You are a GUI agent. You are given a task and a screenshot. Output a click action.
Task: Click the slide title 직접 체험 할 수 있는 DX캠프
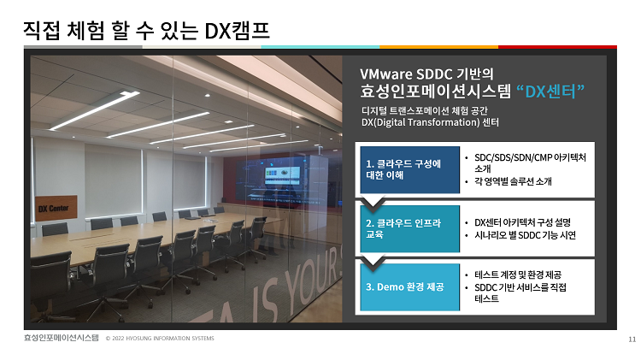146,31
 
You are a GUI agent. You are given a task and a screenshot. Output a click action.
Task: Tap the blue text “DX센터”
550,91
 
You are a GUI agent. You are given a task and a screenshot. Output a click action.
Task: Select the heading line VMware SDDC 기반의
426,74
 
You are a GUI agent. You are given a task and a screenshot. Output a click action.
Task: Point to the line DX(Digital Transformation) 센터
430,122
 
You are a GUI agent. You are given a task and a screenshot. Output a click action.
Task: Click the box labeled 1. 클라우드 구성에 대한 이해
409,169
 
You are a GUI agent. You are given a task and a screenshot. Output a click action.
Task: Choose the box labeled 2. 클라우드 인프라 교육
409,228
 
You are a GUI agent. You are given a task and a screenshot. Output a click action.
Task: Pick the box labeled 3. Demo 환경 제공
409,286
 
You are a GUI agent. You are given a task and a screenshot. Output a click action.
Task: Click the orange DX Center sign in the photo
56,209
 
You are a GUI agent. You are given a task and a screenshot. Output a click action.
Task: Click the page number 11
632,339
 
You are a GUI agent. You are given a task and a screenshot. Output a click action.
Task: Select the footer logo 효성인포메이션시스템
62,338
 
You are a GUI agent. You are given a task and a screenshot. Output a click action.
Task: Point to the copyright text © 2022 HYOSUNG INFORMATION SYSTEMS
160,339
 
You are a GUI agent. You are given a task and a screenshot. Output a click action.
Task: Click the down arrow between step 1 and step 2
373,204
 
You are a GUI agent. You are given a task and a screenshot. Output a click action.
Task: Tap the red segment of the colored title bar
557,47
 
